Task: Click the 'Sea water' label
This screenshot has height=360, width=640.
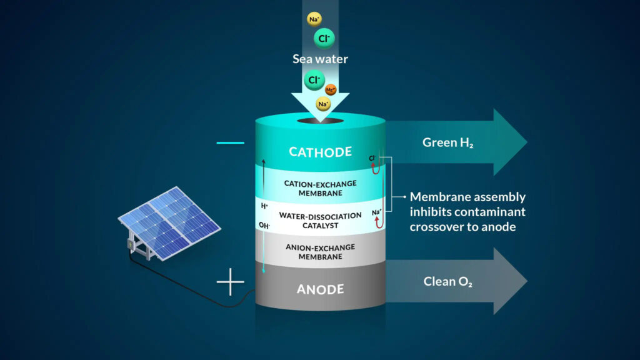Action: [320, 59]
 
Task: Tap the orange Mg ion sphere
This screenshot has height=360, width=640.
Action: [331, 89]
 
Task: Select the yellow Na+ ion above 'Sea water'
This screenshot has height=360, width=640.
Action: [314, 19]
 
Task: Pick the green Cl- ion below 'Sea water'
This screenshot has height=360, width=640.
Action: [314, 80]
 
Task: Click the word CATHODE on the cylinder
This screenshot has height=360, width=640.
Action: [320, 152]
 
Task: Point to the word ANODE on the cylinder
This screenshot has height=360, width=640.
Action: [320, 289]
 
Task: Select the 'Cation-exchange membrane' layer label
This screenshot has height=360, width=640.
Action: [320, 187]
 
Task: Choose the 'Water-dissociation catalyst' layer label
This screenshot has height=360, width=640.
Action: [320, 220]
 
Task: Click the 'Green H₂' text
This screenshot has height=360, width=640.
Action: [447, 142]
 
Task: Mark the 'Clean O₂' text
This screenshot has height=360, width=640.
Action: [447, 281]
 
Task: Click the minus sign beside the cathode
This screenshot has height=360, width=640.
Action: [230, 143]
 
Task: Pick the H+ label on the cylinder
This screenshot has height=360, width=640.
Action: [265, 205]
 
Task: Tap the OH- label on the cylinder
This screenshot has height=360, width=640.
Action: [265, 225]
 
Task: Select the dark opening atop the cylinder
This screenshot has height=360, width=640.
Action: [320, 119]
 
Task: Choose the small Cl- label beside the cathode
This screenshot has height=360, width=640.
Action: [372, 158]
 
